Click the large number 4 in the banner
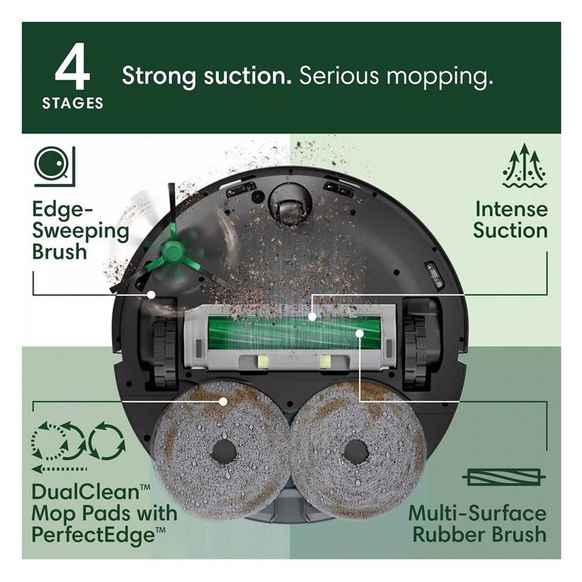[72, 67]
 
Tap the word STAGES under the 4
[73, 103]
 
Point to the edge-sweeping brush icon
[55, 166]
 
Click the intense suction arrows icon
[524, 165]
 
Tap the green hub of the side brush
[172, 251]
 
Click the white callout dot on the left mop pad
[223, 401]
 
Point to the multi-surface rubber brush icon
[503, 476]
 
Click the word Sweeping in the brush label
[80, 232]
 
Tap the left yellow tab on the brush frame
[262, 361]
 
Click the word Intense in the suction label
[512, 209]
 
